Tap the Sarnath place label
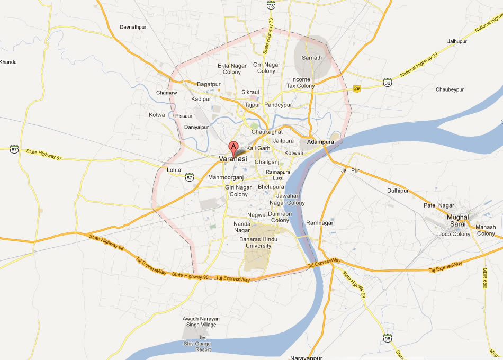pyautogui.click(x=312, y=58)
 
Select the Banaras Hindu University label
pyautogui.click(x=255, y=242)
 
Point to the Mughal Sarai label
pyautogui.click(x=458, y=220)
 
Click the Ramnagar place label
pyautogui.click(x=320, y=223)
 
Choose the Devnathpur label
pyautogui.click(x=132, y=26)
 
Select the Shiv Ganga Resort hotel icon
pyautogui.click(x=202, y=337)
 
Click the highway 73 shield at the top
pyautogui.click(x=271, y=5)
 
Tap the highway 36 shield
pyautogui.click(x=388, y=83)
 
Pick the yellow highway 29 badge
pyautogui.click(x=357, y=88)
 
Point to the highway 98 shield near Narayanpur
pyautogui.click(x=388, y=338)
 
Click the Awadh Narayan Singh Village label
pyautogui.click(x=201, y=321)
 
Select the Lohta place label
pyautogui.click(x=174, y=170)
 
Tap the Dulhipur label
pyautogui.click(x=398, y=190)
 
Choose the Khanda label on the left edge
pyautogui.click(x=8, y=62)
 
